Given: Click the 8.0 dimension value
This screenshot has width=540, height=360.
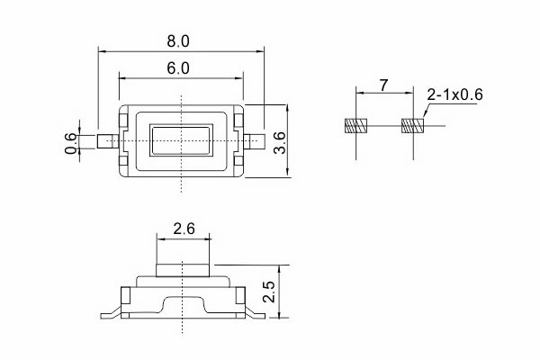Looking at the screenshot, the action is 178,41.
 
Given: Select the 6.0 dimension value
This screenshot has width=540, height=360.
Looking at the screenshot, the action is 178,68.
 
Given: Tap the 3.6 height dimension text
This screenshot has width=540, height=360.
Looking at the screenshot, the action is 280,142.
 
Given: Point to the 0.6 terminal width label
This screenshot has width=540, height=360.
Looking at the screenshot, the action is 71,143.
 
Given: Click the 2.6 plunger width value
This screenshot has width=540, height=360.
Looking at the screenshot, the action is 184,229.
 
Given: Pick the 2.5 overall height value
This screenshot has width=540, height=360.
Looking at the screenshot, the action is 269,292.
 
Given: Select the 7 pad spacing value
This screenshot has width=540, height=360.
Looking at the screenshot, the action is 383,85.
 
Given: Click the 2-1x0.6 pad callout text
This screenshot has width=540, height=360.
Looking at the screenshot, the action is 454,94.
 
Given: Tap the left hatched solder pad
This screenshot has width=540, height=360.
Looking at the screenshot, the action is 356,126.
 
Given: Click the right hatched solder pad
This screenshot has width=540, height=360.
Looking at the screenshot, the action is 412,126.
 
